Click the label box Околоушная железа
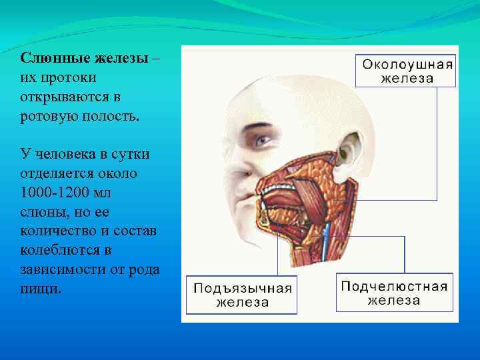[x=405, y=71]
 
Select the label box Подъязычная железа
[x=242, y=295]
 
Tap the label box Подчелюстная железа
[x=393, y=293]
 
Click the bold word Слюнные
[x=49, y=59]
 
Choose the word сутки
[x=130, y=155]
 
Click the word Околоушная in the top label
[x=406, y=64]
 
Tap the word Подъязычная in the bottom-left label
[x=242, y=288]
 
